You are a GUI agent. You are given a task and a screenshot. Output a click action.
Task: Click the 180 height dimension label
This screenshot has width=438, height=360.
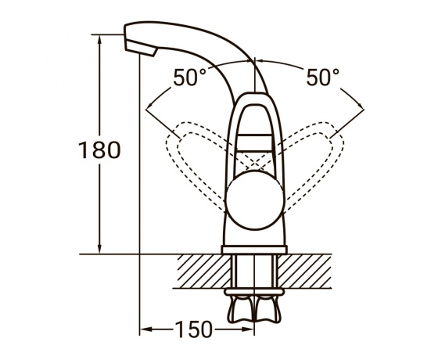click(99, 150)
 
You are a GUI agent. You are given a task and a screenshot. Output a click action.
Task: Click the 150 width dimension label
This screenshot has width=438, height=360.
click(194, 329)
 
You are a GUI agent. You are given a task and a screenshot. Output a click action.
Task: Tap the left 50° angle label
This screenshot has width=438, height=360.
click(189, 77)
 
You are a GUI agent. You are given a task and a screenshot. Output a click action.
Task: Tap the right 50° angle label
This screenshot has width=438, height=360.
click(322, 77)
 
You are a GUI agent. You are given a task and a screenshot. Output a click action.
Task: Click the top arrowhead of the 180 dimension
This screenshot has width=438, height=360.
click(99, 39)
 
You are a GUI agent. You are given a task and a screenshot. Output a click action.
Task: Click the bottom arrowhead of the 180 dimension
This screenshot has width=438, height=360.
click(99, 249)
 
